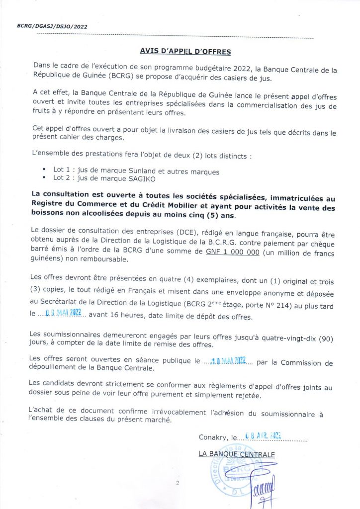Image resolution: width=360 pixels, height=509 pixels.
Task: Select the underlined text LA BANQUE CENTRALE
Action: (236, 454)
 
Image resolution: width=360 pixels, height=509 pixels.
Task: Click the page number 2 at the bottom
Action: (177, 483)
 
